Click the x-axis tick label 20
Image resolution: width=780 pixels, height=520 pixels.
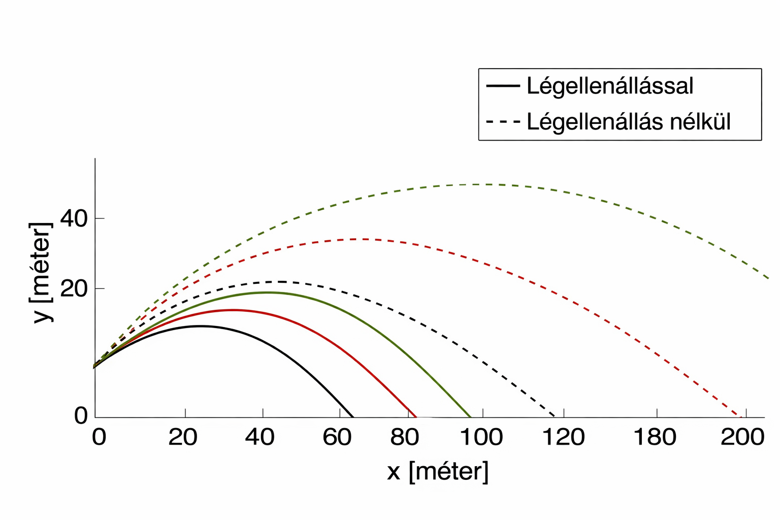(x=183, y=437)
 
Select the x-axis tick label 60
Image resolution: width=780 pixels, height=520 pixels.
(x=337, y=437)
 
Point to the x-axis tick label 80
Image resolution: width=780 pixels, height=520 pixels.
(x=404, y=437)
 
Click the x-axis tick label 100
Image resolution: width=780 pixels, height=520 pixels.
(x=481, y=437)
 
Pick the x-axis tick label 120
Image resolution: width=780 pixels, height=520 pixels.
(x=563, y=437)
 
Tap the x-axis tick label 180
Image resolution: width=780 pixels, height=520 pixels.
(x=655, y=437)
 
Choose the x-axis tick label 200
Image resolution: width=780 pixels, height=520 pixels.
(x=742, y=437)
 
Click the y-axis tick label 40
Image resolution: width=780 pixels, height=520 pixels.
(x=74, y=219)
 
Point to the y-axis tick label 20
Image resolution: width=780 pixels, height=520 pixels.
(x=74, y=289)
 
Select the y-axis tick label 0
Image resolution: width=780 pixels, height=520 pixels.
(x=81, y=416)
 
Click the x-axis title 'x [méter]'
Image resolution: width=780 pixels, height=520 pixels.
(x=438, y=472)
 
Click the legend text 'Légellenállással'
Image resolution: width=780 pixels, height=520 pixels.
(x=610, y=86)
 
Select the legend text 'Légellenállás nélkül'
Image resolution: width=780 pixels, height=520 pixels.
(x=629, y=122)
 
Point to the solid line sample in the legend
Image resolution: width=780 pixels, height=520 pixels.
(x=503, y=86)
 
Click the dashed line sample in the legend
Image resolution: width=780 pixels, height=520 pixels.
(x=503, y=122)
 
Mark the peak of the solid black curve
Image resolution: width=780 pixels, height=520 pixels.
(x=200, y=326)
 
